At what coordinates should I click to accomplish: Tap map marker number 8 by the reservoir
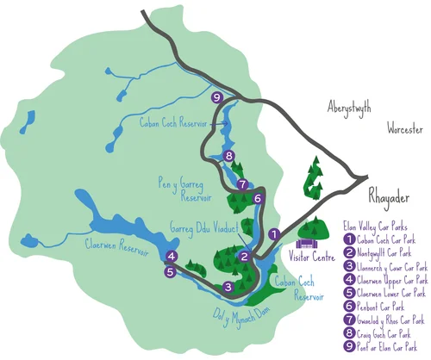tap(228, 156)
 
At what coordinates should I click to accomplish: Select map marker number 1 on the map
tap(274, 233)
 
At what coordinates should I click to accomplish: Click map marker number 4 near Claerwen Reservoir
tap(172, 257)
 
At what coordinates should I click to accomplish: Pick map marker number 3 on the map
tap(228, 287)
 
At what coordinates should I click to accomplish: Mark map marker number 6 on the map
tap(259, 198)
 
